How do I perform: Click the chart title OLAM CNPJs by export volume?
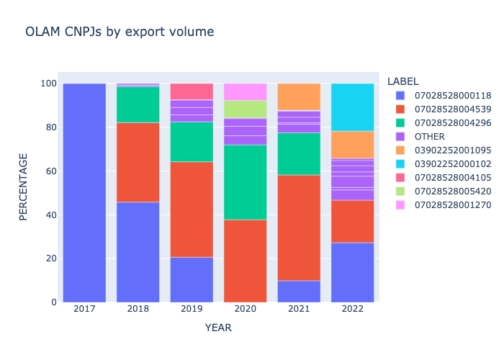(x=120, y=32)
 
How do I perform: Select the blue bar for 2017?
(x=84, y=193)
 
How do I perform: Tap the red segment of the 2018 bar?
(x=138, y=162)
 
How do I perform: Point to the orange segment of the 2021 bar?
(x=299, y=96)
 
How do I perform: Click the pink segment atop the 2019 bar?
(x=192, y=91)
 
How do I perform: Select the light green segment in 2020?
(x=245, y=109)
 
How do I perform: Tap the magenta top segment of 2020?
(x=245, y=91)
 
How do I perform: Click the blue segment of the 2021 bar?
(x=299, y=291)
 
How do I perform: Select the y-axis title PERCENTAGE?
(x=24, y=186)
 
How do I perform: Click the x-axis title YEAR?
(x=218, y=328)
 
